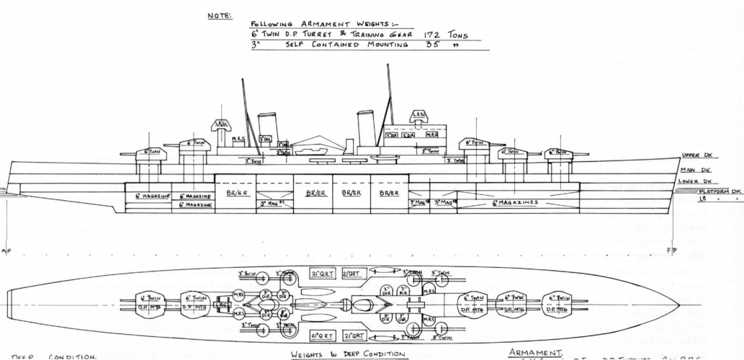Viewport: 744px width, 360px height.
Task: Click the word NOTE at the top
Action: (218, 16)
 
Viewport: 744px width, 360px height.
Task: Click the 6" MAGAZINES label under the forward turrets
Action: (515, 202)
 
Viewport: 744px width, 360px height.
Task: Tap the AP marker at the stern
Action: (6, 251)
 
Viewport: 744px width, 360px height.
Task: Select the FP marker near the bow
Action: (672, 251)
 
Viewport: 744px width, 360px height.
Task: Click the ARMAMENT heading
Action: (529, 351)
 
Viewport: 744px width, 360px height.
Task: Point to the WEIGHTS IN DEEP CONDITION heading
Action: (349, 354)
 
